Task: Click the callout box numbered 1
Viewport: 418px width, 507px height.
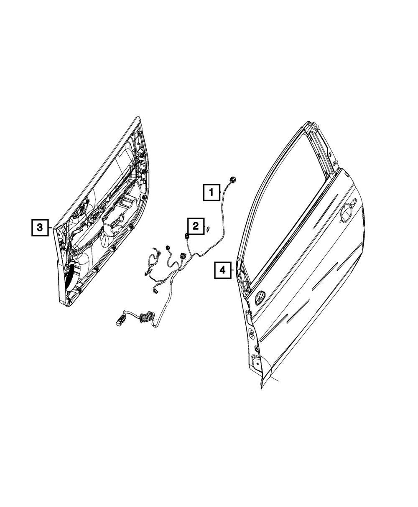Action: [212, 193]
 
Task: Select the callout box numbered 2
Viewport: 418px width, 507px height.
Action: [195, 226]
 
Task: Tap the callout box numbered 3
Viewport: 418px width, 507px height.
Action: [40, 228]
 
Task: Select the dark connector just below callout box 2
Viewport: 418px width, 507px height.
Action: [186, 237]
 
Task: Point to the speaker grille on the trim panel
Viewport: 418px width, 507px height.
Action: [73, 277]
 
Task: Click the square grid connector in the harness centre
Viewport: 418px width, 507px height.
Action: [183, 256]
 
